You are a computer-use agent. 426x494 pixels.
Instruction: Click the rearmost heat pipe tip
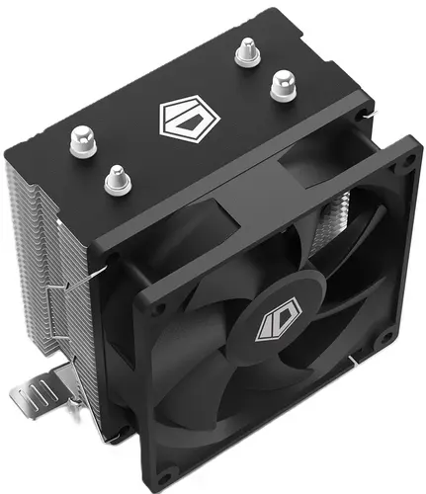pyautogui.click(x=248, y=52)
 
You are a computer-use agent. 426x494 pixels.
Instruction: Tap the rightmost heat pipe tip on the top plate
pyautogui.click(x=283, y=86)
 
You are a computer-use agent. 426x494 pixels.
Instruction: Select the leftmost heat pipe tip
pyautogui.click(x=83, y=142)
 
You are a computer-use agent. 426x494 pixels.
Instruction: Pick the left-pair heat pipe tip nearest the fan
pyautogui.click(x=118, y=181)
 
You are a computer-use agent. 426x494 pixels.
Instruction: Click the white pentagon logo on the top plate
pyautogui.click(x=190, y=119)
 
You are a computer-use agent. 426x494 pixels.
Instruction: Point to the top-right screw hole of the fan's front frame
pyautogui.click(x=410, y=160)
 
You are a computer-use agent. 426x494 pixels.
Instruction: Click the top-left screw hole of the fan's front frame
pyautogui.click(x=159, y=308)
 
